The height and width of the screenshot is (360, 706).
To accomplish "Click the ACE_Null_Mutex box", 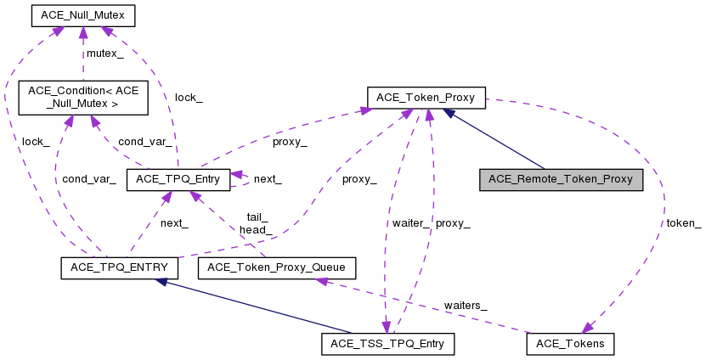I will tap(82, 15).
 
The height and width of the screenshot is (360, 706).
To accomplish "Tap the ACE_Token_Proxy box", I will tap(426, 97).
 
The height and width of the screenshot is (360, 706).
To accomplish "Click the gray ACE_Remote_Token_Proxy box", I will tap(561, 179).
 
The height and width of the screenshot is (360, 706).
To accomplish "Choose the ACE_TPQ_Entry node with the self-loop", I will tap(178, 179).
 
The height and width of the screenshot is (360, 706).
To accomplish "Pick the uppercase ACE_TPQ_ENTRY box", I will tap(119, 268).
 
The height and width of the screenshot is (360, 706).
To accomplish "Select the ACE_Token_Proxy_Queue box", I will tap(276, 268).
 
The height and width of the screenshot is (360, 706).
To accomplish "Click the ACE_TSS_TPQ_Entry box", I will tap(388, 344).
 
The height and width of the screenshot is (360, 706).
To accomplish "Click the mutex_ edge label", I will tap(105, 53).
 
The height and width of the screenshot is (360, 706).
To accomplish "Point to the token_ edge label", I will tap(684, 223).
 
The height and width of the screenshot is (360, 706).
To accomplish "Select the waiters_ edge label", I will tap(466, 304).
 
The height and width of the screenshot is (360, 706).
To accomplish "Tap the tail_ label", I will tap(257, 217).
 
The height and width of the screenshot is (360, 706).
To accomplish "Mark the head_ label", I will tap(256, 229).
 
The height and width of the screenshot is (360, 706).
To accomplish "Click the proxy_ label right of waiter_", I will tap(452, 223).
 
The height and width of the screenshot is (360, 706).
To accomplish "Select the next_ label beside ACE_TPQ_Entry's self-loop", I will tap(268, 179).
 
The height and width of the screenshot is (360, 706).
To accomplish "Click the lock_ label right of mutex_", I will tap(189, 97).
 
